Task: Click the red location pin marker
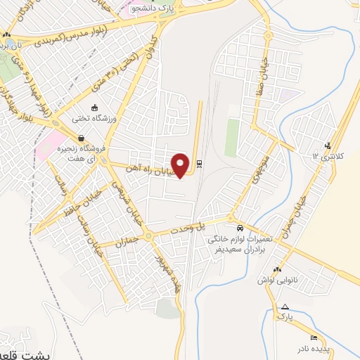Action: tap(181, 165)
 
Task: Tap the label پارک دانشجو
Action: tap(149, 8)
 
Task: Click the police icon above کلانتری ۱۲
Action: tap(328, 146)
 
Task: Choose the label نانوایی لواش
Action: tap(301, 279)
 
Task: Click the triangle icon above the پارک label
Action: tap(285, 307)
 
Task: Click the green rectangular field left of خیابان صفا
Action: tap(232, 137)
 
